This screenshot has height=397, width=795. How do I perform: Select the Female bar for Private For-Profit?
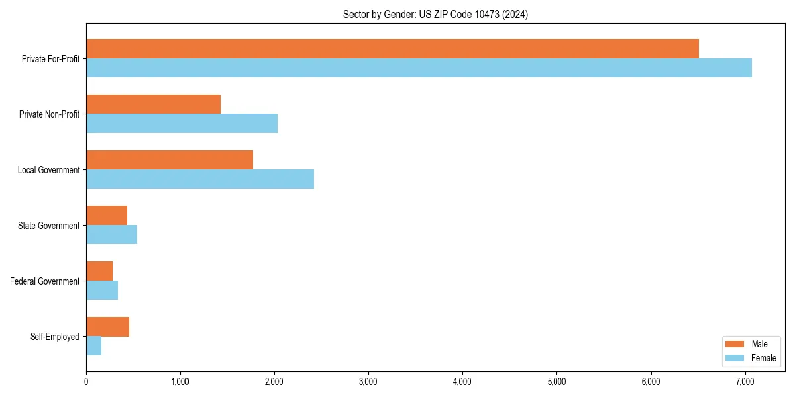419,68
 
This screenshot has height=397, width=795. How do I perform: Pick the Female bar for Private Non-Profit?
182,124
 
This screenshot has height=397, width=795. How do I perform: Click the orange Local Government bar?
170,160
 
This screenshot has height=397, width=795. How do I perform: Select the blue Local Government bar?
200,179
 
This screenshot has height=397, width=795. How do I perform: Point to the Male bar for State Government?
107,216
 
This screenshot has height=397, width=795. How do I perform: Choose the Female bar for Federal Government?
102,290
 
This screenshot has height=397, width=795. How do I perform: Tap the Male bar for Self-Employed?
107,327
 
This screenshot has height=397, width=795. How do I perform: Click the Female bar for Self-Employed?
93,346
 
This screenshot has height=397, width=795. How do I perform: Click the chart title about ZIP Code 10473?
435,14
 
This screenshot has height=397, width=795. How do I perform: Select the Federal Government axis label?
45,281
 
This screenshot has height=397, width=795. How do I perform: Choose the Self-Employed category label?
55,337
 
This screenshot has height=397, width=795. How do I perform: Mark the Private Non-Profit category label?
49,114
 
